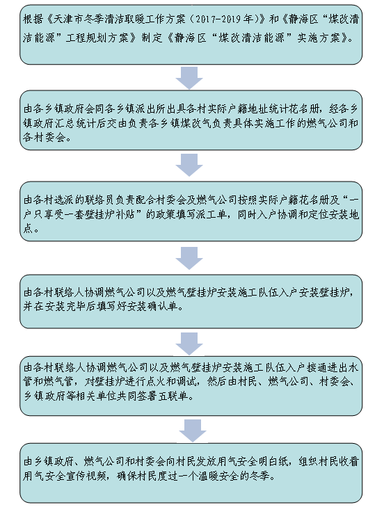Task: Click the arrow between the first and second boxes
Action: (x=189, y=78)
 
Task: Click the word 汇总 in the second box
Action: (x=66, y=123)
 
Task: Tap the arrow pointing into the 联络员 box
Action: (x=189, y=165)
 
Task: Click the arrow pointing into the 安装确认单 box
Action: (x=189, y=258)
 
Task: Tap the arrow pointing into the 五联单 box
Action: (x=189, y=344)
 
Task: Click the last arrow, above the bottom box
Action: (x=193, y=431)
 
